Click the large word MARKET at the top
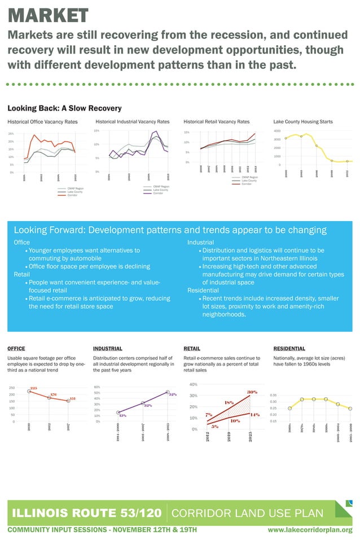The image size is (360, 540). click(48, 15)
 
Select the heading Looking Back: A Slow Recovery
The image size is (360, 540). click(64, 108)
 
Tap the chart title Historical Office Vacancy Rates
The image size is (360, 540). click(42, 121)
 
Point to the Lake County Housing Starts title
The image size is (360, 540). click(302, 121)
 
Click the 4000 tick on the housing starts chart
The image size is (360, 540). click(277, 131)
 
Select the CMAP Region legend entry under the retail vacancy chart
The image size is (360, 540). click(249, 177)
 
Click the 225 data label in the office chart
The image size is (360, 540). click(33, 388)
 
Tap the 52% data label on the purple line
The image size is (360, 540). click(173, 394)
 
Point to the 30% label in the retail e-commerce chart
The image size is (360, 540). click(252, 392)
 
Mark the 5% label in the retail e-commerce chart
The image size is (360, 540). click(215, 427)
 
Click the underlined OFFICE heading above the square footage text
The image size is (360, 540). click(16, 349)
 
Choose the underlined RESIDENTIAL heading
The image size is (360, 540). click(289, 349)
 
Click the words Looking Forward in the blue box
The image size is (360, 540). click(49, 230)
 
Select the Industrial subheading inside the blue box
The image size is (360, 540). click(200, 242)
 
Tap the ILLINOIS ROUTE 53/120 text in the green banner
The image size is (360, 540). click(87, 513)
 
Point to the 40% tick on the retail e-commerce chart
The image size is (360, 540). click(194, 385)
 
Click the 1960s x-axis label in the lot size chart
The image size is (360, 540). click(289, 429)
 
